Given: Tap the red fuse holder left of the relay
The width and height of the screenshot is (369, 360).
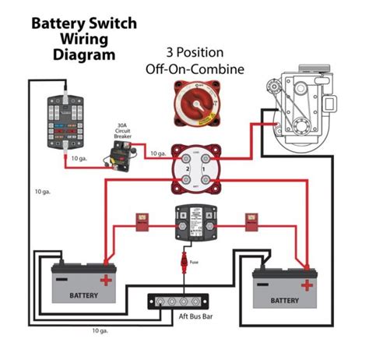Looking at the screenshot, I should [142, 221].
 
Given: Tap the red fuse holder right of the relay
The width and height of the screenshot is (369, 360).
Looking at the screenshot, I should [251, 221].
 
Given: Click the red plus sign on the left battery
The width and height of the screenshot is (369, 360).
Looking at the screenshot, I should [104, 279].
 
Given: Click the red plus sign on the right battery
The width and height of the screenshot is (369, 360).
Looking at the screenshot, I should [308, 285].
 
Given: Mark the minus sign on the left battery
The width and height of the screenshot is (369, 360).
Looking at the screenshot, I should [61, 279].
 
